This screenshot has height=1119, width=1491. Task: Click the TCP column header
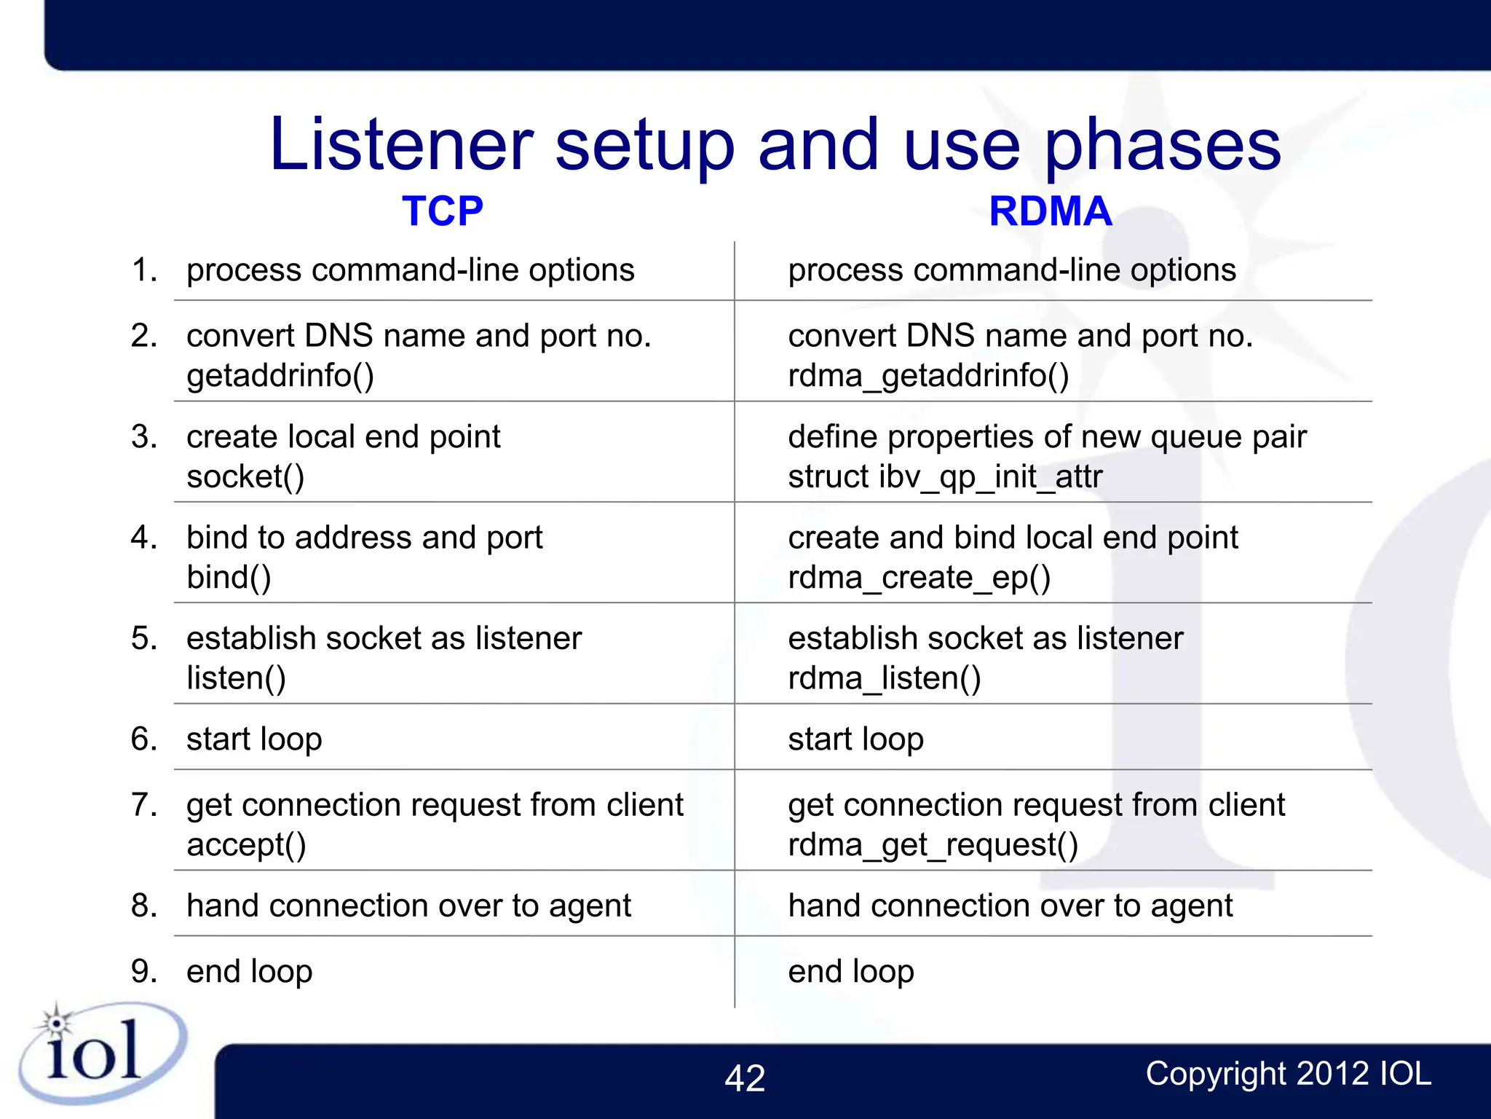coord(442,211)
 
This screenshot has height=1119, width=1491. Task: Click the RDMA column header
coord(1050,211)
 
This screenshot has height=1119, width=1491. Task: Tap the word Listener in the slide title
coord(401,145)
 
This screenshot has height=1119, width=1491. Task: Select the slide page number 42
coord(744,1078)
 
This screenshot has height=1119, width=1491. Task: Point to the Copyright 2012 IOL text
coord(1288,1074)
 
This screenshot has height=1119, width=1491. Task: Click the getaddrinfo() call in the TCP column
coord(280,376)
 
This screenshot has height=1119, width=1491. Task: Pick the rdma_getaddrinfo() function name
coord(928,376)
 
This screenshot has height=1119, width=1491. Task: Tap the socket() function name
coord(245,477)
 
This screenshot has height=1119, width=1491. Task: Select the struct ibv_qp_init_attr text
coord(945,477)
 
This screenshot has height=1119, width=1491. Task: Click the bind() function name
coord(229,578)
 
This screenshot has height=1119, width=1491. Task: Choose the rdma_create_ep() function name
coord(919,578)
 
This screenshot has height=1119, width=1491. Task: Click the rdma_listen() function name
coord(885,678)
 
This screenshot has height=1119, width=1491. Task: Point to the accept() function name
coord(246,845)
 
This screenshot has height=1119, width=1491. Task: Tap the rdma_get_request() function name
coord(933,845)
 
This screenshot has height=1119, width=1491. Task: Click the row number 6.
coord(143,739)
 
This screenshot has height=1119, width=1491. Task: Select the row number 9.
coord(143,971)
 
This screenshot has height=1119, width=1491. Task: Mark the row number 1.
coord(143,270)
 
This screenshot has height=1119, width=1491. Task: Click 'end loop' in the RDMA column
coord(850,971)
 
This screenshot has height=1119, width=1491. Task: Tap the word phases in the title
coord(1162,145)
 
